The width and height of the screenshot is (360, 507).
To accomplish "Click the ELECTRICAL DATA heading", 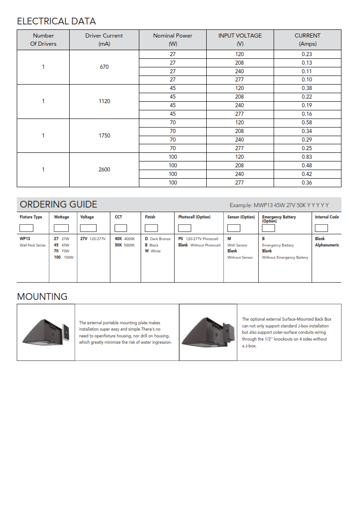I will click(x=56, y=21).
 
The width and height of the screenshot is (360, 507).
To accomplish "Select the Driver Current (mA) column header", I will click(x=104, y=40).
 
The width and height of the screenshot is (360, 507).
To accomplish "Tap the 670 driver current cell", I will click(x=104, y=67).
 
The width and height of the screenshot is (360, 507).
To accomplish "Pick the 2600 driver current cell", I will click(x=104, y=170).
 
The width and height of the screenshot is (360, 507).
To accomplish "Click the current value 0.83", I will click(x=307, y=157).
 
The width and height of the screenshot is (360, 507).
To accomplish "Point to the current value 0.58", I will click(x=307, y=123).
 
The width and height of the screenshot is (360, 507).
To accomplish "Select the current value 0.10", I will click(x=307, y=80).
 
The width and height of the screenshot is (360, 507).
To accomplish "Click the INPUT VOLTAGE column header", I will click(x=240, y=36).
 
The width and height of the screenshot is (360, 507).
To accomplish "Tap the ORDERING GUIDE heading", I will click(x=58, y=204).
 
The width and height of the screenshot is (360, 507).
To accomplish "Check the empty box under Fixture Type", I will click(x=26, y=228).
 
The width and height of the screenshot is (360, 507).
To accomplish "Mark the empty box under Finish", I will click(x=151, y=228).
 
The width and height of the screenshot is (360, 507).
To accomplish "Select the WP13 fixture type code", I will click(x=25, y=239).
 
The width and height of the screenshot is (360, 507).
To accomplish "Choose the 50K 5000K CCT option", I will click(x=125, y=245).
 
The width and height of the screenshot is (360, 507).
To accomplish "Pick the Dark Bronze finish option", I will click(x=157, y=239).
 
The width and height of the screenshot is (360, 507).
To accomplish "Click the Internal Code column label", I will click(x=327, y=217).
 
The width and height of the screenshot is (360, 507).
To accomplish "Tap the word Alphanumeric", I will click(x=327, y=245).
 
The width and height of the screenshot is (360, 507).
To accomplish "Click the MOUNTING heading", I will click(x=42, y=297).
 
